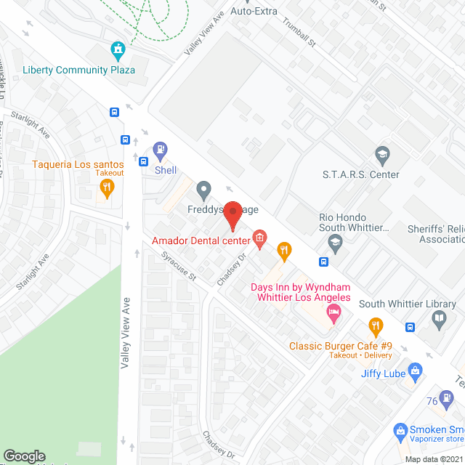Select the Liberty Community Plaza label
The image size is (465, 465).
tap(78, 70)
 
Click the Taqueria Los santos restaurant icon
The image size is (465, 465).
tap(107, 189)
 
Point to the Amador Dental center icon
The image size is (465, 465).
tap(259, 237)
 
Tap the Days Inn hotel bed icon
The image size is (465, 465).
tap(334, 313)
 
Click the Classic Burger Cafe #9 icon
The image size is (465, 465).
tap(375, 325)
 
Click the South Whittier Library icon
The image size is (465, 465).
tap(439, 318)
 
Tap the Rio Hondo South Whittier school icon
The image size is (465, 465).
tap(335, 241)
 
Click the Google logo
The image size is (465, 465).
tap(24, 456)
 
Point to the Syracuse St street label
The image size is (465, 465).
tap(179, 267)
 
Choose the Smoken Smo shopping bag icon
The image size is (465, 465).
tap(400, 430)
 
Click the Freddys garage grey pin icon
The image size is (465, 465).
tap(204, 191)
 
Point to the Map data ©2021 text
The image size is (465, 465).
tap(434, 458)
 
